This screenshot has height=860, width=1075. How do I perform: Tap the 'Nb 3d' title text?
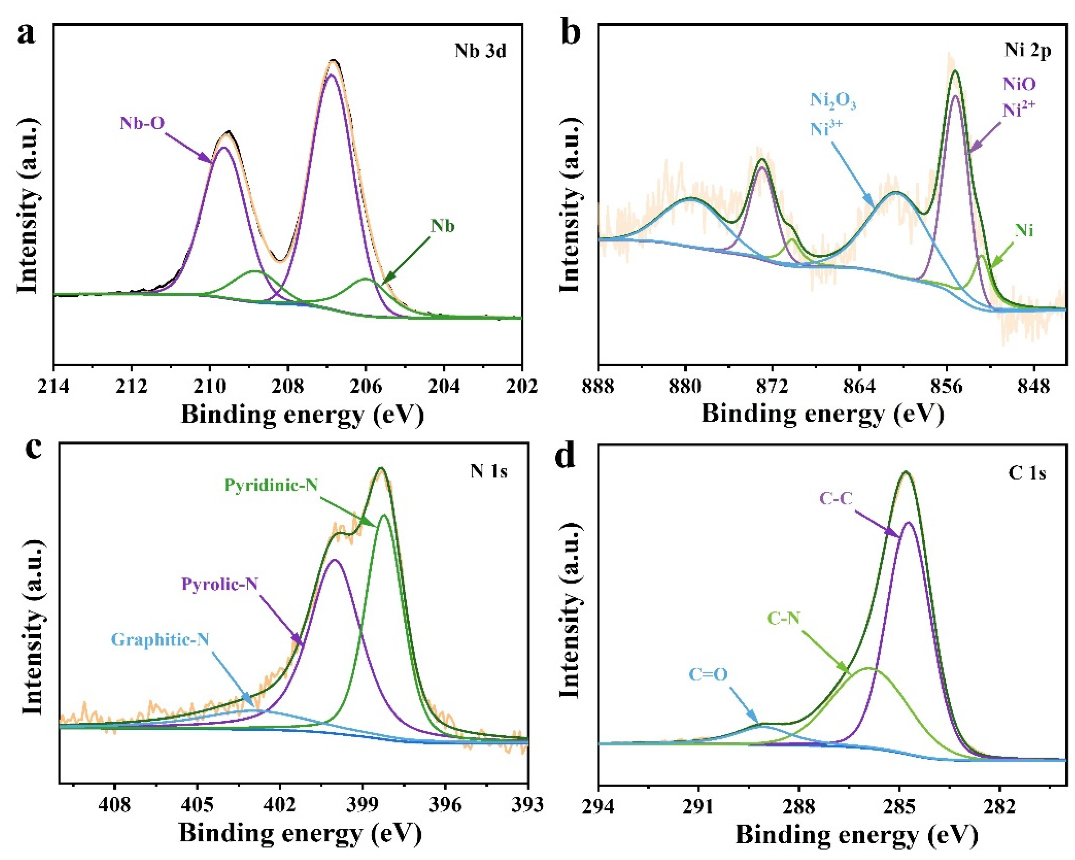pos(480,51)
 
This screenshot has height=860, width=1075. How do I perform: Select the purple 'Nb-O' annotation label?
pos(142,123)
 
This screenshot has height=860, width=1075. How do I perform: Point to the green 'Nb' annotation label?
pos(443,226)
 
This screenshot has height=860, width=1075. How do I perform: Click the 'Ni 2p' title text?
pos(1028,50)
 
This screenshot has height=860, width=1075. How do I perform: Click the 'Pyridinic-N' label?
pos(271,485)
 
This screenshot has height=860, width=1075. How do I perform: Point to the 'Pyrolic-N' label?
pos(219,584)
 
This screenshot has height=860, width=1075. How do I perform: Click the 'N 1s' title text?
pos(488,471)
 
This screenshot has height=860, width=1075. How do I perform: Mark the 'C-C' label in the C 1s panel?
pos(836,498)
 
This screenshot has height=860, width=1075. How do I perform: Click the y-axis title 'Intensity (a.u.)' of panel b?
pos(569,205)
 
